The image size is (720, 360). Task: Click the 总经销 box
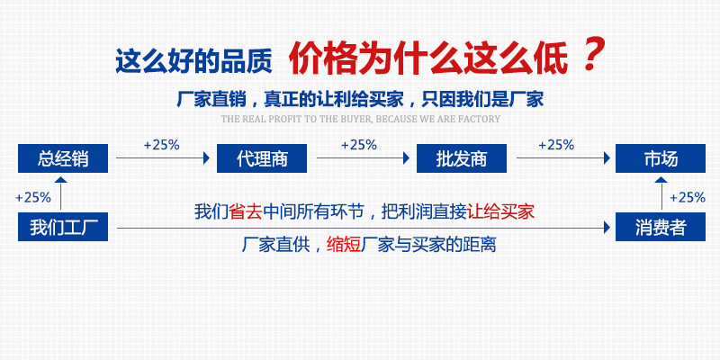[x=63, y=158]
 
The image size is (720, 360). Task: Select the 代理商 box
[x=262, y=158]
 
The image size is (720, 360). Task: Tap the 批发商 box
[x=462, y=158]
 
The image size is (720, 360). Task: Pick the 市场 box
[x=661, y=158]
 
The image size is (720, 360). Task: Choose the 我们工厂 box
[x=63, y=227]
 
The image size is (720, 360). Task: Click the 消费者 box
[x=661, y=227]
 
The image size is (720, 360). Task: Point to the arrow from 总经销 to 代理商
[x=163, y=158]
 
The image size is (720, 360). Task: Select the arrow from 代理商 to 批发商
[x=363, y=158]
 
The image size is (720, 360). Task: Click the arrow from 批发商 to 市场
[x=563, y=158]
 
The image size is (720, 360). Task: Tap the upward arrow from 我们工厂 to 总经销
[x=60, y=193]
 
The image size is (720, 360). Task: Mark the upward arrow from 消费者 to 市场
[x=661, y=193]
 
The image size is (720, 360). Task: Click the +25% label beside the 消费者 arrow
[x=688, y=198]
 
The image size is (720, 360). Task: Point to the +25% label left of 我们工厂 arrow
[x=33, y=198]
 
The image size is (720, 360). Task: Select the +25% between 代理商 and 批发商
[x=359, y=145]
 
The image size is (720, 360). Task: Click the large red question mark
[x=593, y=55]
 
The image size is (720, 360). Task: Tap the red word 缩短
[x=344, y=244]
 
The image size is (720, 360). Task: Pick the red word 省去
[x=245, y=211]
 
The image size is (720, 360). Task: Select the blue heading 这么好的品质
[x=193, y=61]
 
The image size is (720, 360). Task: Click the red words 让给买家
[x=500, y=211]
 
